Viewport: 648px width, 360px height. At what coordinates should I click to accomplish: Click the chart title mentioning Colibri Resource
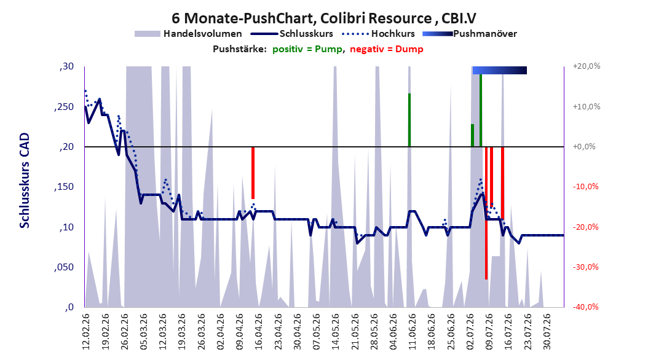tap(324, 18)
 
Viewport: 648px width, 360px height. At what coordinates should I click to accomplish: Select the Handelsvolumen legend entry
tap(188, 34)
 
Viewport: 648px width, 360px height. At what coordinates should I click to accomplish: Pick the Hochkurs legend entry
tap(378, 34)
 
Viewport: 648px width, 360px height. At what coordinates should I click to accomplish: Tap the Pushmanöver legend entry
tap(470, 34)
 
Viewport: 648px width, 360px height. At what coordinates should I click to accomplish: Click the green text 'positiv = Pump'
tap(307, 49)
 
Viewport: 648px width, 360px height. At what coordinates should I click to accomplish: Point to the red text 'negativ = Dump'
tap(387, 49)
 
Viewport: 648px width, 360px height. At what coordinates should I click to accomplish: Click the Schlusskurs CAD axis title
tap(25, 181)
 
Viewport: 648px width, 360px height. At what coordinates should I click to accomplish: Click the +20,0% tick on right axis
tap(587, 66)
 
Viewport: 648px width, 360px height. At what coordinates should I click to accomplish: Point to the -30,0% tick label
tap(585, 267)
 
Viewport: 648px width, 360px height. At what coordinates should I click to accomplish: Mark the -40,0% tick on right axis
tap(585, 307)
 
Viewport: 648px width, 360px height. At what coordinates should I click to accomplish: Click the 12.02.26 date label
tap(86, 332)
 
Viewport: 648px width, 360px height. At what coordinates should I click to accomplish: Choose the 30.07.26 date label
tap(546, 332)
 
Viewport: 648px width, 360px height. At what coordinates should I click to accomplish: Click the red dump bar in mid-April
tap(253, 173)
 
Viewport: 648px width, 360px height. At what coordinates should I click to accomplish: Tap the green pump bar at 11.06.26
tap(409, 120)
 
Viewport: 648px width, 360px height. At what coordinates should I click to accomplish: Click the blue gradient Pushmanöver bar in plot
tap(500, 70)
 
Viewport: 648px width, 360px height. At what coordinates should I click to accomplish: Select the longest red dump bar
tap(486, 213)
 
